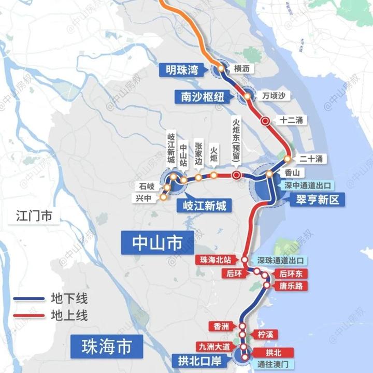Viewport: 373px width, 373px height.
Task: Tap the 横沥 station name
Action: click(242, 69)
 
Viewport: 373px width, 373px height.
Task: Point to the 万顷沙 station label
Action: click(273, 96)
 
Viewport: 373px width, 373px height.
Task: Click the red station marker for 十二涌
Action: click(265, 121)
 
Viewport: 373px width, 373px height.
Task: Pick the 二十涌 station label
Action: click(311, 159)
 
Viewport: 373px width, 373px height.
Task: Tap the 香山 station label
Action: click(293, 173)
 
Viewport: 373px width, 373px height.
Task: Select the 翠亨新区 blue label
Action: click(314, 198)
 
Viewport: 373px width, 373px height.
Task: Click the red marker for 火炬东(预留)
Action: click(236, 175)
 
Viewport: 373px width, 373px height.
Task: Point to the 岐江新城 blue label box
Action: click(202, 206)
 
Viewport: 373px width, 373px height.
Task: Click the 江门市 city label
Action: click(31, 216)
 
